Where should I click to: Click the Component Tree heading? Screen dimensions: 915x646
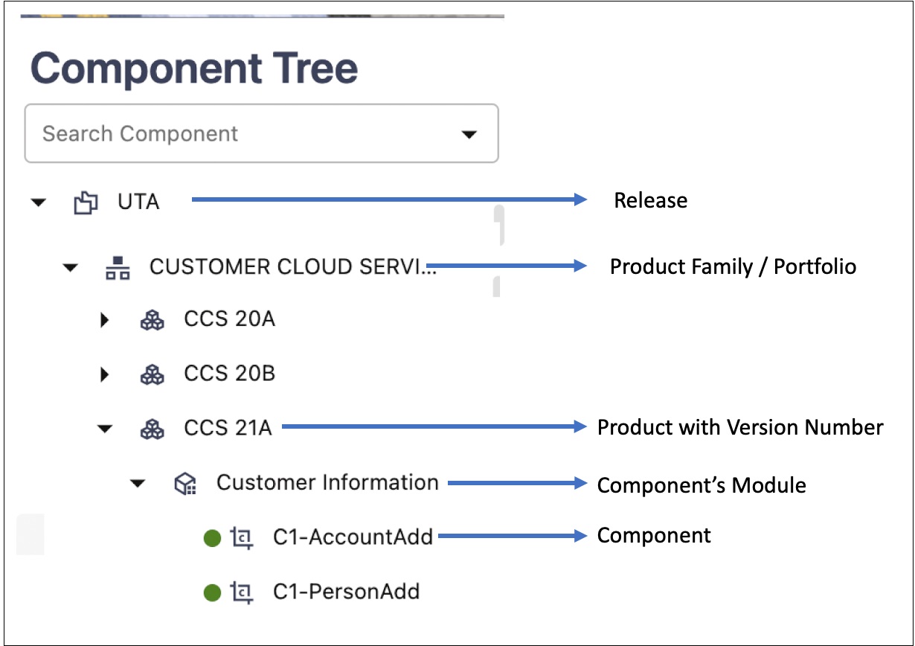coord(194,68)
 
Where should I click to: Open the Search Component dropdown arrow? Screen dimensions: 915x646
coord(469,135)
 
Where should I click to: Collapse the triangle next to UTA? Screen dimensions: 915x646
coord(39,202)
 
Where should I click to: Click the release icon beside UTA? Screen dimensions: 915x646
coord(86,202)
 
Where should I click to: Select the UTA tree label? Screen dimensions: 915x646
coord(138,202)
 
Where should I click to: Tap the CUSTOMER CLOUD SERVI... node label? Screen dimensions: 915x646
coord(293,267)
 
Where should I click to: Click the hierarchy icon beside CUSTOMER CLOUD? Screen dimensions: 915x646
coord(118,268)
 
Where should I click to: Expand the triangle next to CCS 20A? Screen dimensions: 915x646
coord(105,319)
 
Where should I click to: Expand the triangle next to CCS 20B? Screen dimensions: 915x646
coord(105,374)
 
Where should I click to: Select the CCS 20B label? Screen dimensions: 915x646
coord(230,373)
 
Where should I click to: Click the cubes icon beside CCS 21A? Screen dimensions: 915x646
coord(152,429)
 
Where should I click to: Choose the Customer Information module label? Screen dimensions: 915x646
coord(327,482)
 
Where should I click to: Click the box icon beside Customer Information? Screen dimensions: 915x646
coord(185,484)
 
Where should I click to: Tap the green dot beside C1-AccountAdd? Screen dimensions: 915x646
coord(213,538)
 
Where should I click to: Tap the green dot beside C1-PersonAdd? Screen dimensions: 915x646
coord(213,593)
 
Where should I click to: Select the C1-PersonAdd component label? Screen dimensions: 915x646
coord(347,591)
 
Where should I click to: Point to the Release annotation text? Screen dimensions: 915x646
coord(651,200)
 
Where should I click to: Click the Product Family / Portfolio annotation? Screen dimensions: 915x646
coord(733,267)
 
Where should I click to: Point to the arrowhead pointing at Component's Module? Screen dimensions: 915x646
coord(580,483)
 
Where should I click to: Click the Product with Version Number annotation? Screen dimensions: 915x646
coord(740,427)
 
